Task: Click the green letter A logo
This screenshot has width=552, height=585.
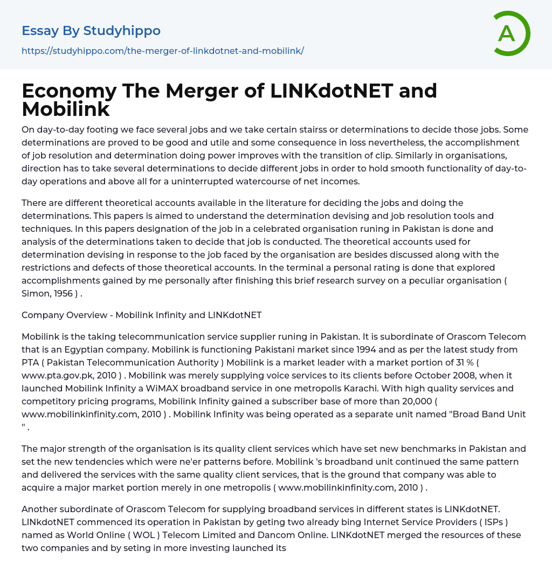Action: coord(511,33)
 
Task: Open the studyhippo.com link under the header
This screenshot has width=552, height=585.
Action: coord(163,51)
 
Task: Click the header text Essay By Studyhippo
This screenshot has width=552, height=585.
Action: coord(91,31)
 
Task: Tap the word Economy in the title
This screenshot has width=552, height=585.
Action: coord(69,91)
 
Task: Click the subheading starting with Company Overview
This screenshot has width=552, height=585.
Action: coord(141,315)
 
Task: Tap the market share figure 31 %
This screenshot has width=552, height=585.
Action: coord(477,362)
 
